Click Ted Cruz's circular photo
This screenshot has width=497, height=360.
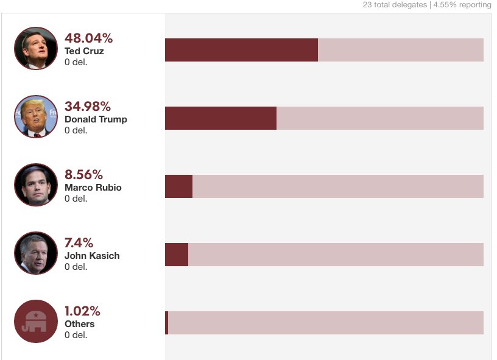pyautogui.click(x=35, y=48)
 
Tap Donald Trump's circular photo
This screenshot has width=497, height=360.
pyautogui.click(x=35, y=116)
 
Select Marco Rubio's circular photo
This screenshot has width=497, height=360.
pyautogui.click(x=35, y=185)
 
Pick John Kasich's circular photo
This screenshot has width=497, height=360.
pyautogui.click(x=35, y=253)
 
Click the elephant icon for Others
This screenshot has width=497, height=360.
pyautogui.click(x=35, y=321)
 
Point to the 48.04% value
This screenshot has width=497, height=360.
pyautogui.click(x=88, y=38)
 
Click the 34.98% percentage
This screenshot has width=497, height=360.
pyautogui.click(x=88, y=106)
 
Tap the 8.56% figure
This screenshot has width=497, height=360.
pyautogui.click(x=83, y=174)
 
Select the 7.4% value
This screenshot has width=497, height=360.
pyautogui.click(x=79, y=242)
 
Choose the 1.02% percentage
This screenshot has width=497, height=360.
pyautogui.click(x=82, y=311)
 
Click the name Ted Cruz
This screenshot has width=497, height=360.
pyautogui.click(x=84, y=51)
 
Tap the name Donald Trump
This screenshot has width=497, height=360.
pyautogui.click(x=96, y=119)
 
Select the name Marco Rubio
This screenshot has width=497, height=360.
pyautogui.click(x=93, y=188)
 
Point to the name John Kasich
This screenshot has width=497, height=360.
pyautogui.click(x=92, y=256)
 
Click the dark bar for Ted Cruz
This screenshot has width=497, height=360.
pyautogui.click(x=241, y=50)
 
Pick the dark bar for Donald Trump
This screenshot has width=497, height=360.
pyautogui.click(x=220, y=118)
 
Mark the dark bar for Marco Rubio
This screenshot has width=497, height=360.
pyautogui.click(x=178, y=186)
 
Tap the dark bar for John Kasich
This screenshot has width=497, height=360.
pyautogui.click(x=177, y=255)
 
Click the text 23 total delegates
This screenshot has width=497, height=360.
pyautogui.click(x=395, y=5)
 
